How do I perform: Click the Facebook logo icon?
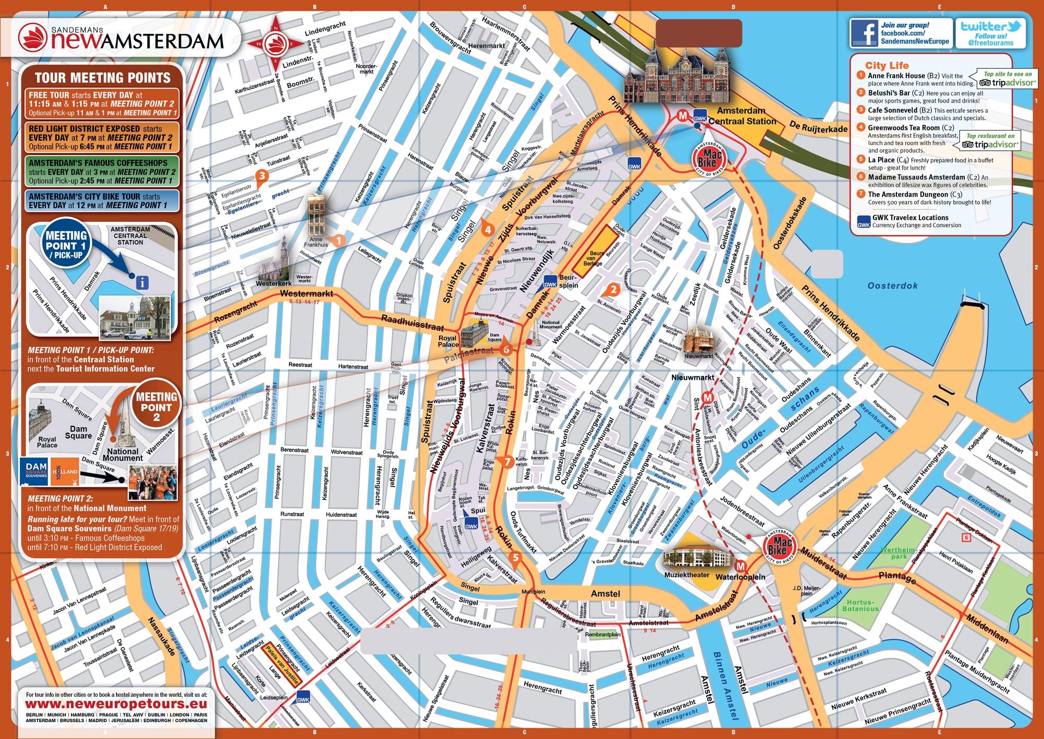[863, 33]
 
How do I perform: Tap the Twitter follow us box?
[990, 33]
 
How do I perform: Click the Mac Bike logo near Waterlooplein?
[780, 547]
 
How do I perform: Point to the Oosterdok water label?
[892, 285]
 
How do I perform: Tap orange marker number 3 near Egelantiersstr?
[262, 176]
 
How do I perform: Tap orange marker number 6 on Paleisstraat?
[505, 350]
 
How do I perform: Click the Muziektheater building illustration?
[696, 557]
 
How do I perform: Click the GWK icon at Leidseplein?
[303, 699]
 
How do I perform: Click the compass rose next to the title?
[275, 44]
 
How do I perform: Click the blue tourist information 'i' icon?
[142, 282]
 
